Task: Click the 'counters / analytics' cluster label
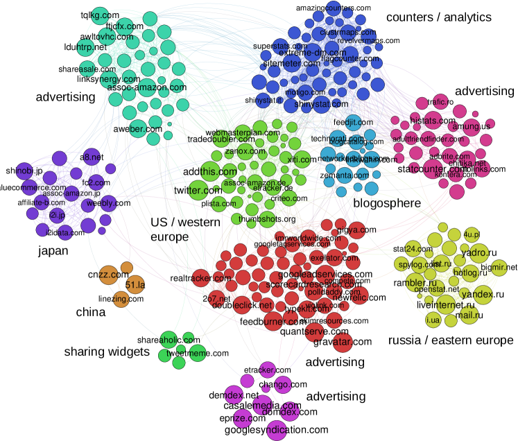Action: click(x=438, y=17)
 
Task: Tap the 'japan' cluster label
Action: click(x=53, y=251)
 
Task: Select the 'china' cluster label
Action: click(x=90, y=313)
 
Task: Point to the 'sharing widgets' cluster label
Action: click(x=107, y=352)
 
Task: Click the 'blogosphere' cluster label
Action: click(x=387, y=203)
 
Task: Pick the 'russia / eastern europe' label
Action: click(x=451, y=340)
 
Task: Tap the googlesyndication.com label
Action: click(x=277, y=430)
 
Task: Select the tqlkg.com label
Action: click(x=100, y=14)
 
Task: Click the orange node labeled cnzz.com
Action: click(x=105, y=275)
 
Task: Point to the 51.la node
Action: click(x=135, y=284)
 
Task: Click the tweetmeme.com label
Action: click(x=198, y=354)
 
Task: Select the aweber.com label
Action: click(x=132, y=129)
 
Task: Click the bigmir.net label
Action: click(x=499, y=267)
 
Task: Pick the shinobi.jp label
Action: click(x=24, y=170)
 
